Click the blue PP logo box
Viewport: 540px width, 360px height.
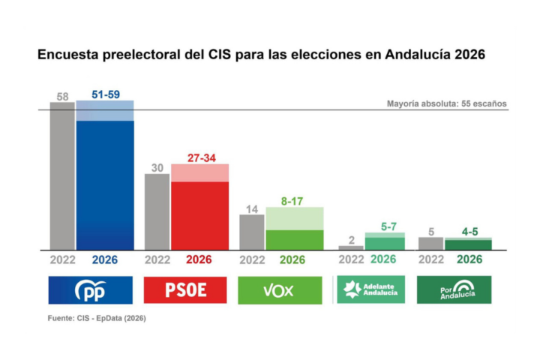(x=90, y=290)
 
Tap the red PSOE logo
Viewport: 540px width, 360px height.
(x=185, y=290)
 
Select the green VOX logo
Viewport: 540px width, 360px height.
(x=280, y=290)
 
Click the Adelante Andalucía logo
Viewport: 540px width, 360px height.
(x=370, y=290)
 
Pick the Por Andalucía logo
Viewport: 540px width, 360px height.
(x=454, y=289)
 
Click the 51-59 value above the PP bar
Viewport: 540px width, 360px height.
(x=105, y=94)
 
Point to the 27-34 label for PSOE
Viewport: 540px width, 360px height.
(x=199, y=157)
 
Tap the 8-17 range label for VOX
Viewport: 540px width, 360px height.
(x=294, y=201)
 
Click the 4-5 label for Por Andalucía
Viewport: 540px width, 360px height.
(x=469, y=232)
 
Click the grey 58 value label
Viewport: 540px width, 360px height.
(x=62, y=96)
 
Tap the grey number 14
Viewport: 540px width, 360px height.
(x=252, y=209)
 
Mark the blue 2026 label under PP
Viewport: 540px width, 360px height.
(x=105, y=260)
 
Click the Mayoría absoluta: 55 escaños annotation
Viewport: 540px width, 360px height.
(x=447, y=103)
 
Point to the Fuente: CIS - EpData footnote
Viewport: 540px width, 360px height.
(x=97, y=318)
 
